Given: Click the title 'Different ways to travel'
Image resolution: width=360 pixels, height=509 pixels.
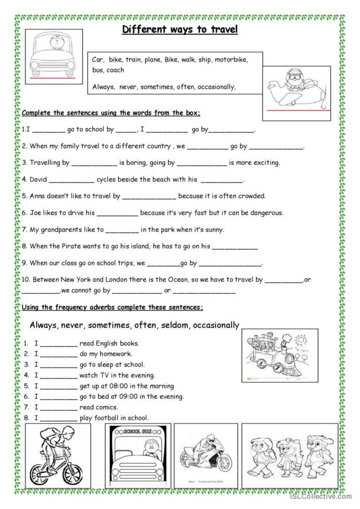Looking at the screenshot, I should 180,30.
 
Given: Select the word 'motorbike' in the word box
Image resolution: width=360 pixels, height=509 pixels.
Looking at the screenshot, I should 231,60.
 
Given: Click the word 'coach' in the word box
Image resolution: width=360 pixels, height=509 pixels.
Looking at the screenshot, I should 116,70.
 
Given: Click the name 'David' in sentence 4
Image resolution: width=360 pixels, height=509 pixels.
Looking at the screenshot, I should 38,179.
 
